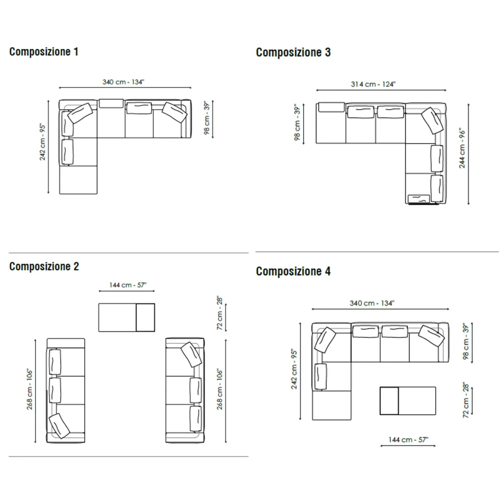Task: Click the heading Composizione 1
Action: click(44, 52)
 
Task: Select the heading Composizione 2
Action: click(44, 267)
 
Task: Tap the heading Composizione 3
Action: click(293, 53)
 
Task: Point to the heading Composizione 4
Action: click(293, 272)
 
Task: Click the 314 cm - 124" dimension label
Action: click(373, 84)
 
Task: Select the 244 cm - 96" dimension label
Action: click(462, 148)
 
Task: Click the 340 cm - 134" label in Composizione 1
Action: click(123, 82)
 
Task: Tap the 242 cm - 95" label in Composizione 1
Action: click(43, 142)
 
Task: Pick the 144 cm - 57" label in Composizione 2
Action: click(128, 285)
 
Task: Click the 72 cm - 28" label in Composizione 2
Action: click(219, 313)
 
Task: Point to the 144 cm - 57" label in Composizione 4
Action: click(408, 440)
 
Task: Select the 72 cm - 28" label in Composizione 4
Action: click(466, 400)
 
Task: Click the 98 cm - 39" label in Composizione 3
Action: click(297, 122)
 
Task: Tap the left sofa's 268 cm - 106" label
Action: click(30, 389)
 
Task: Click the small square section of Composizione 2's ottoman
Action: click(146, 318)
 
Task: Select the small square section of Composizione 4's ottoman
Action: click(389, 401)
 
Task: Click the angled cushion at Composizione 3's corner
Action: click(433, 121)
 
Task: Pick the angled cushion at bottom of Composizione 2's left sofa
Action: click(59, 426)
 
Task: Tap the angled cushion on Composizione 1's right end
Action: click(174, 112)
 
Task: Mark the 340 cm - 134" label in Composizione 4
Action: click(372, 303)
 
